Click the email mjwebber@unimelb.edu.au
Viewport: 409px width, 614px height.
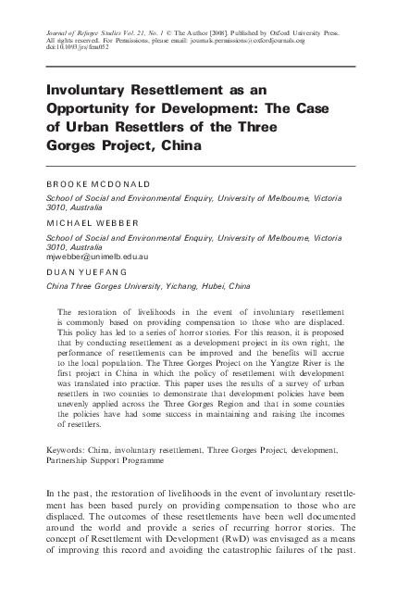[97, 256]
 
